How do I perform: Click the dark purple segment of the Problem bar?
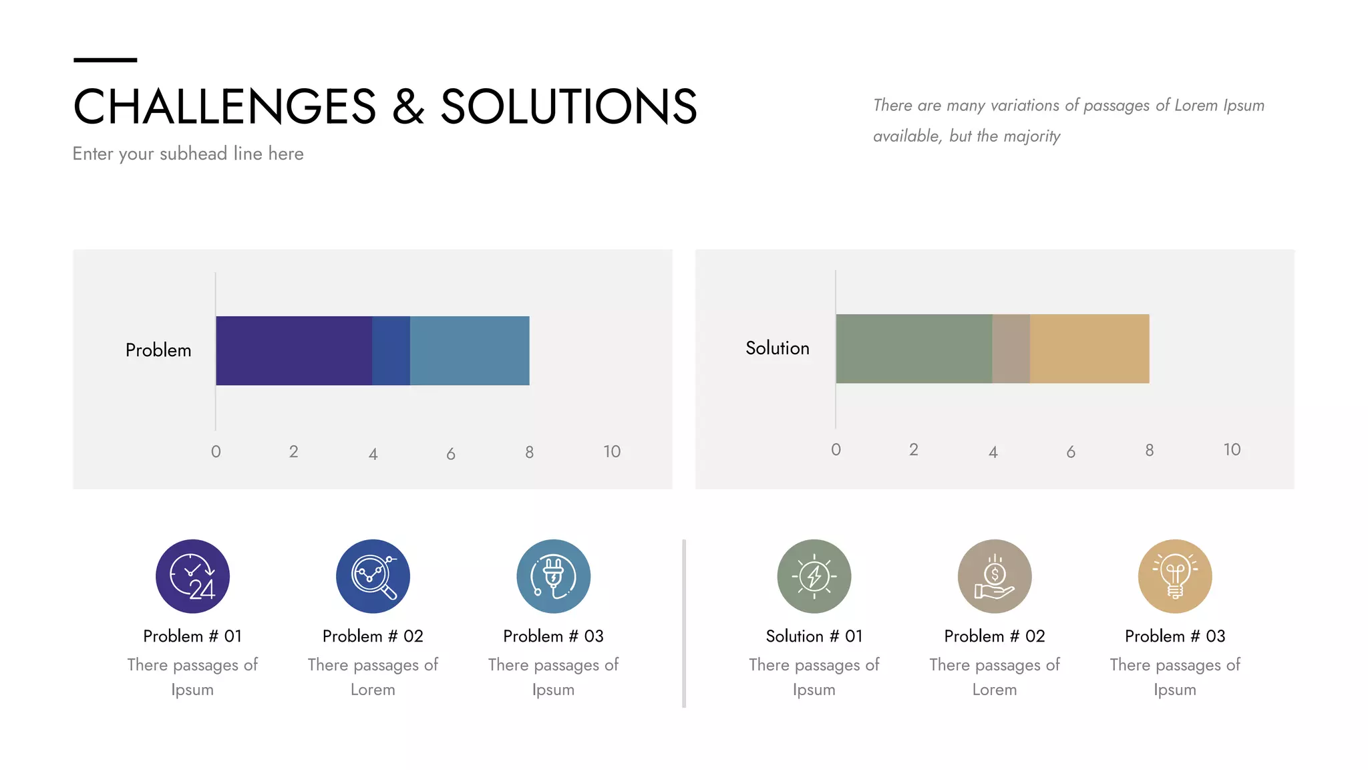pyautogui.click(x=294, y=350)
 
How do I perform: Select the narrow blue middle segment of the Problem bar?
pyautogui.click(x=391, y=350)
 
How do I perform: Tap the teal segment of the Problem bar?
pyautogui.click(x=470, y=350)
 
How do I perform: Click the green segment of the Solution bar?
pyautogui.click(x=914, y=348)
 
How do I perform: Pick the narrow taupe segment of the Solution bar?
pyautogui.click(x=1011, y=348)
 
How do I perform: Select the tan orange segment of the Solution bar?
pyautogui.click(x=1089, y=348)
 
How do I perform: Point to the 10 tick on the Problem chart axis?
pyautogui.click(x=612, y=452)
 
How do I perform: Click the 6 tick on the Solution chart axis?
pyautogui.click(x=1071, y=453)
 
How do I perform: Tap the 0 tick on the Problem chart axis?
pyautogui.click(x=216, y=452)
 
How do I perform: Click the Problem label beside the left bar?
pyautogui.click(x=158, y=350)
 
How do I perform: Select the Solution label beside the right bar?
pyautogui.click(x=778, y=348)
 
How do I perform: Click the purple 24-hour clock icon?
pyautogui.click(x=192, y=576)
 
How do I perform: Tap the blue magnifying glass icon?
pyautogui.click(x=373, y=576)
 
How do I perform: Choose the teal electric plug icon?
pyautogui.click(x=553, y=576)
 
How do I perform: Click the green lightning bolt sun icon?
pyautogui.click(x=814, y=576)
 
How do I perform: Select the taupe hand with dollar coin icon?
pyautogui.click(x=995, y=576)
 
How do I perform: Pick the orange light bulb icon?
pyautogui.click(x=1175, y=576)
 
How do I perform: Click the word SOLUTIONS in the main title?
pyautogui.click(x=569, y=107)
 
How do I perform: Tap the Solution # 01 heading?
pyautogui.click(x=814, y=636)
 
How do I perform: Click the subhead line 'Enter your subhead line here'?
pyautogui.click(x=188, y=154)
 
